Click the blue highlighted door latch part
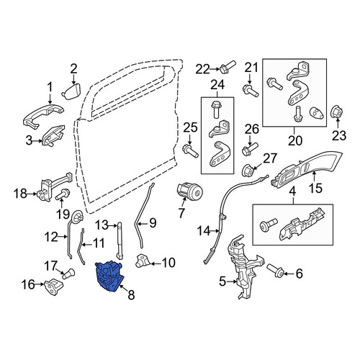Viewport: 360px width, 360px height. pos(109,276)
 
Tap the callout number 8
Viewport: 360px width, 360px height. pos(131,294)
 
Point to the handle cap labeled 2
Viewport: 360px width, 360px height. pos(71,91)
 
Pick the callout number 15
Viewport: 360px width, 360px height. pos(315,188)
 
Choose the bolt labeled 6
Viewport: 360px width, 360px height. pos(276,271)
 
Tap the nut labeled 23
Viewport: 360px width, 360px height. pos(337,113)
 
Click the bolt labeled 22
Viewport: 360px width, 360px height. pos(228,67)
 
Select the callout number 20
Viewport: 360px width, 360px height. pos(295,140)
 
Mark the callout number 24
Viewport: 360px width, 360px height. pos(217,85)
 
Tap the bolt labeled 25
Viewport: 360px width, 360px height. pos(190,150)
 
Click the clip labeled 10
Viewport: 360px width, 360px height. pos(143,261)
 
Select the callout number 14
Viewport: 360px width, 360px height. pos(204,232)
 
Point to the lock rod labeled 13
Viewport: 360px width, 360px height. pos(120,240)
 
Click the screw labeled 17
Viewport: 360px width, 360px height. pos(68,274)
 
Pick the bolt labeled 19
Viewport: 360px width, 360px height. pos(63,194)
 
